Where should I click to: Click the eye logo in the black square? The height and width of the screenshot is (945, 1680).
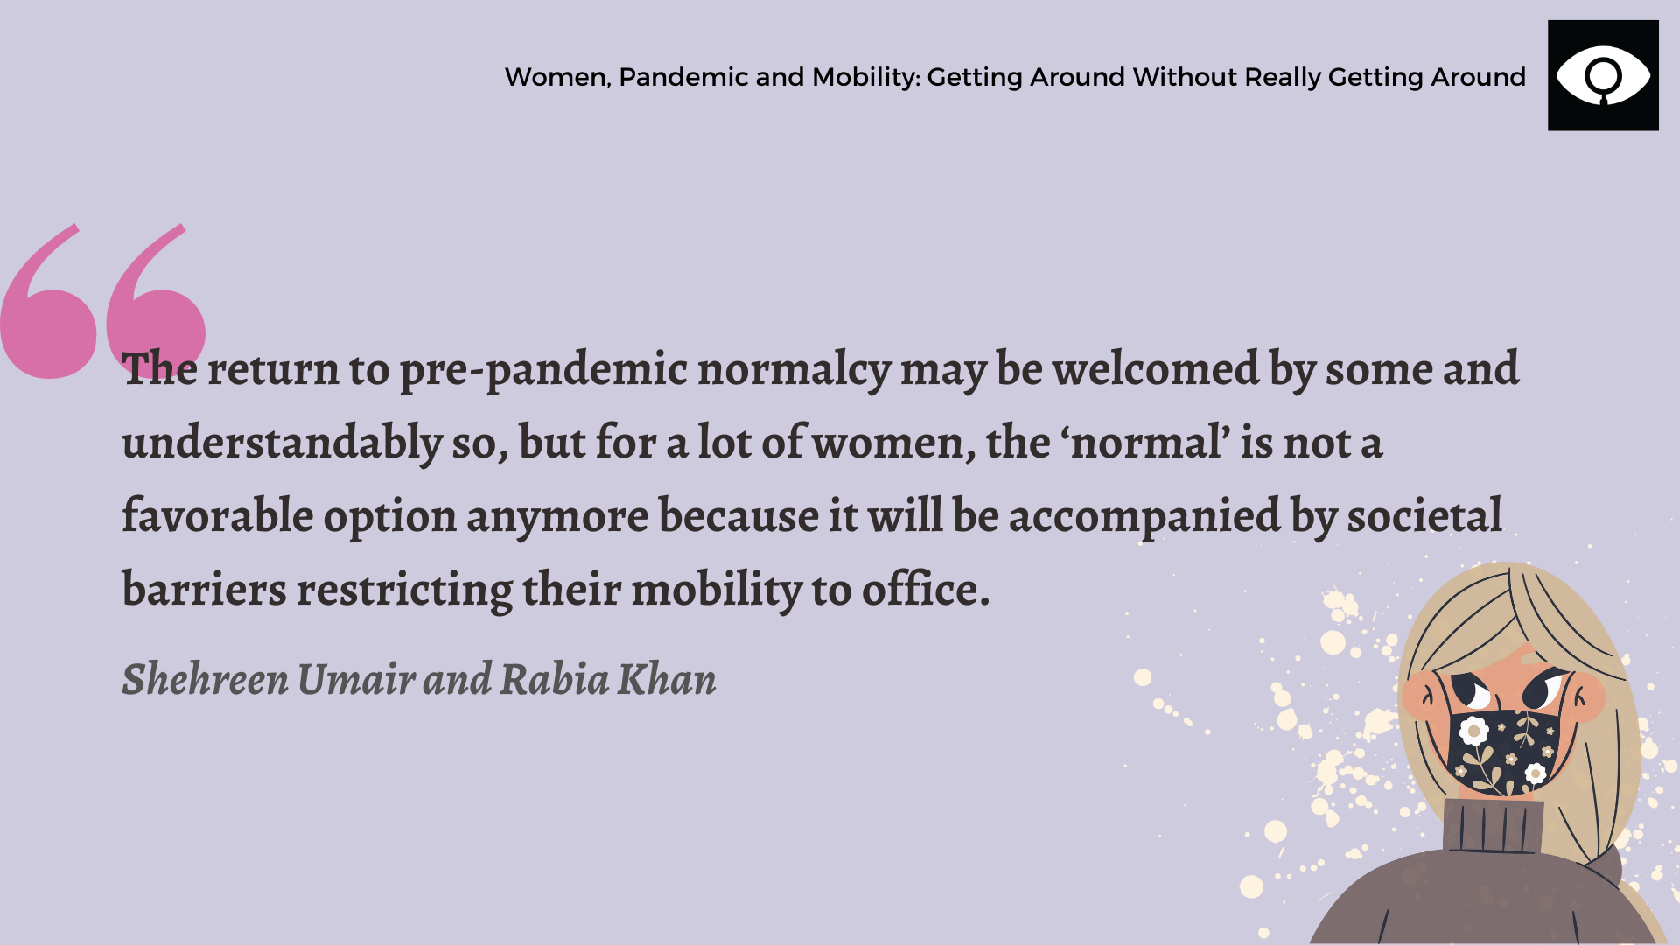1603,76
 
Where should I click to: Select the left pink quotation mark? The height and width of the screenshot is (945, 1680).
48,302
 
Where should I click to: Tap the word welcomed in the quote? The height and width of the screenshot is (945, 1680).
1155,368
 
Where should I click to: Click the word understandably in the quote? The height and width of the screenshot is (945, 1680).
282,443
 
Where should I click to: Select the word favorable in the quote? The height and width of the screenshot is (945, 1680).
217,514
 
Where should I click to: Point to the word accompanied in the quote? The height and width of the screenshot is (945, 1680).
1144,516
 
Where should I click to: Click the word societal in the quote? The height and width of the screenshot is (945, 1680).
1424,514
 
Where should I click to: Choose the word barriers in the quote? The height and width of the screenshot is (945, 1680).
204,588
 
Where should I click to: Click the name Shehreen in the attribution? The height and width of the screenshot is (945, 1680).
205,678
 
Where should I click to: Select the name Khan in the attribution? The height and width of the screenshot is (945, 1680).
667,678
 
